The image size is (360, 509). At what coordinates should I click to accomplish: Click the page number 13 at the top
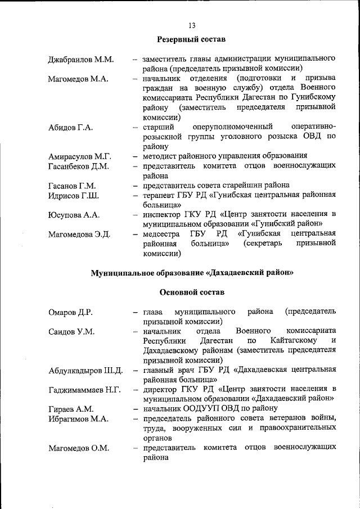pos(192,25)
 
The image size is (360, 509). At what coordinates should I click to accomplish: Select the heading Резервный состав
pos(191,39)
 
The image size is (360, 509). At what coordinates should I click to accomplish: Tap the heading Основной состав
pos(192,292)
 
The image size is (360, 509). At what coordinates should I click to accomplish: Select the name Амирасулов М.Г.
pos(80,156)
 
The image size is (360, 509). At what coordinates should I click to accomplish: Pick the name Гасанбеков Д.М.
pos(79,166)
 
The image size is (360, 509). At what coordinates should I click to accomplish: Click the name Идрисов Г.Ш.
pos(74,195)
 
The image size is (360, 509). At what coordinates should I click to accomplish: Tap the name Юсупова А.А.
pos(74,215)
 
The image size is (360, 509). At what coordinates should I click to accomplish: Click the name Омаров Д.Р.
pos(70,312)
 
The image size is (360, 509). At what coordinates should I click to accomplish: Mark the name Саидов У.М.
pos(71,331)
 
